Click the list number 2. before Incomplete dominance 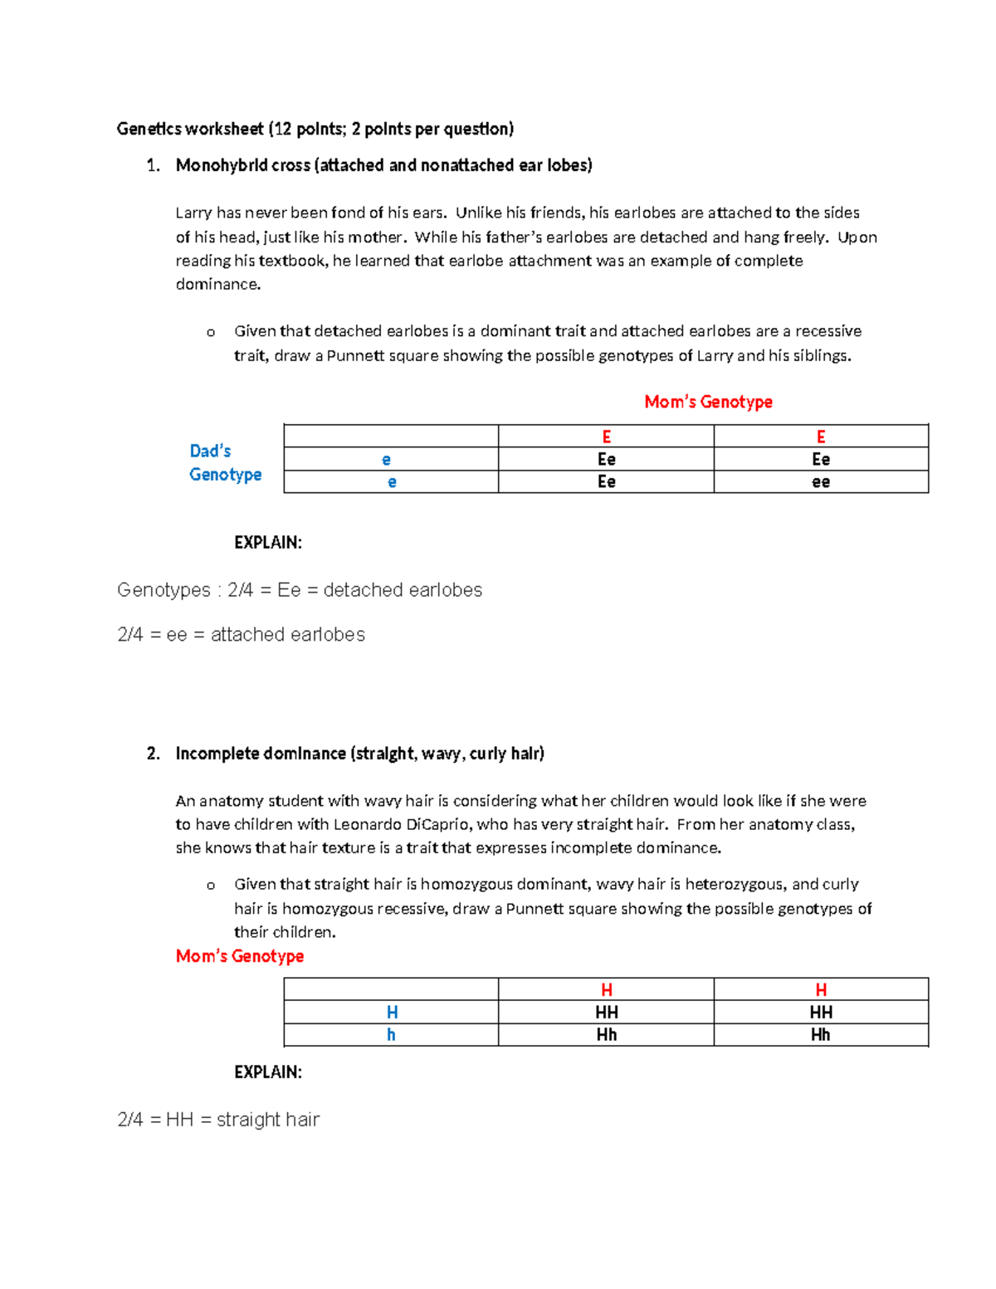153,754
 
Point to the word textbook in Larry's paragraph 292,261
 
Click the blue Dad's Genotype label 225,462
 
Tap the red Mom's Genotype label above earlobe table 708,402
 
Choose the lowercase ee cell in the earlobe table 821,482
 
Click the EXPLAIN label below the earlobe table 267,543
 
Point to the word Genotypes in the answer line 164,590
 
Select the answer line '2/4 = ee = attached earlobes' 241,635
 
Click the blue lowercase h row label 391,1035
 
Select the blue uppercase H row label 392,1013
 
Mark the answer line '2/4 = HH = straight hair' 218,1120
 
